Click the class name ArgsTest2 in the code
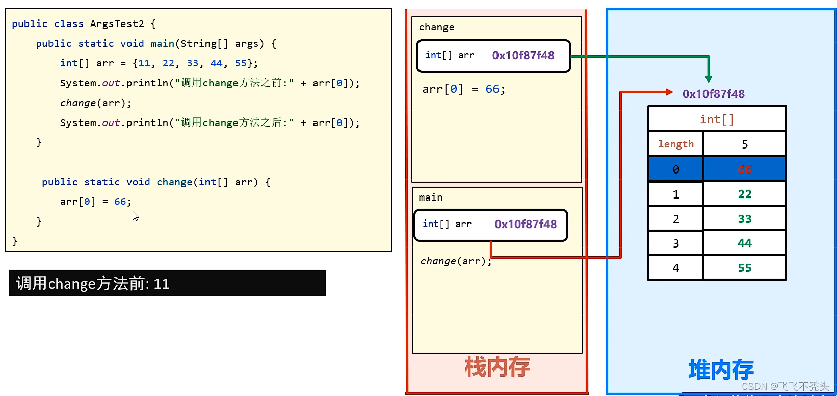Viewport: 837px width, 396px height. tap(117, 24)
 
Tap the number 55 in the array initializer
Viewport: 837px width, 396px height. tap(241, 63)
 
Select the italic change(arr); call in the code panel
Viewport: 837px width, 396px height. tap(95, 103)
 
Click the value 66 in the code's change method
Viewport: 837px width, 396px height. tap(120, 202)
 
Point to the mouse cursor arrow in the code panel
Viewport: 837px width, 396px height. tap(135, 216)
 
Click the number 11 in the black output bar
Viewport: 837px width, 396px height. tap(161, 284)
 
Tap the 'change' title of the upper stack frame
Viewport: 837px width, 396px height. tap(436, 27)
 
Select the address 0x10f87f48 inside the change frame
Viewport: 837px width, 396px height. tap(523, 56)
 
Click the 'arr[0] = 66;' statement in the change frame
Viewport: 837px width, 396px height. tap(463, 89)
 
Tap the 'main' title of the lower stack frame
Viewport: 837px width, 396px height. tap(430, 197)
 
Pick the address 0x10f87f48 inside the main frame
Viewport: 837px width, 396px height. tap(526, 225)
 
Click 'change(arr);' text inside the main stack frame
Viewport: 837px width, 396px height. tap(456, 261)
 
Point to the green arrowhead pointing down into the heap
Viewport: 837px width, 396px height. tap(709, 79)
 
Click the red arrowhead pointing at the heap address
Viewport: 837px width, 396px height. tap(669, 92)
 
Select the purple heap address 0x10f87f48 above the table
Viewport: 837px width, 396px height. tap(713, 94)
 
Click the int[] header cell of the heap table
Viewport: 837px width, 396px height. tap(717, 120)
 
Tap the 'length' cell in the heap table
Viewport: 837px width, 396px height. tap(675, 144)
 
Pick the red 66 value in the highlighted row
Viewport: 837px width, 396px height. tap(744, 170)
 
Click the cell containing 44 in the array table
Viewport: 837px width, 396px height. tap(744, 243)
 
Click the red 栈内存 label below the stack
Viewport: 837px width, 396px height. tap(497, 367)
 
